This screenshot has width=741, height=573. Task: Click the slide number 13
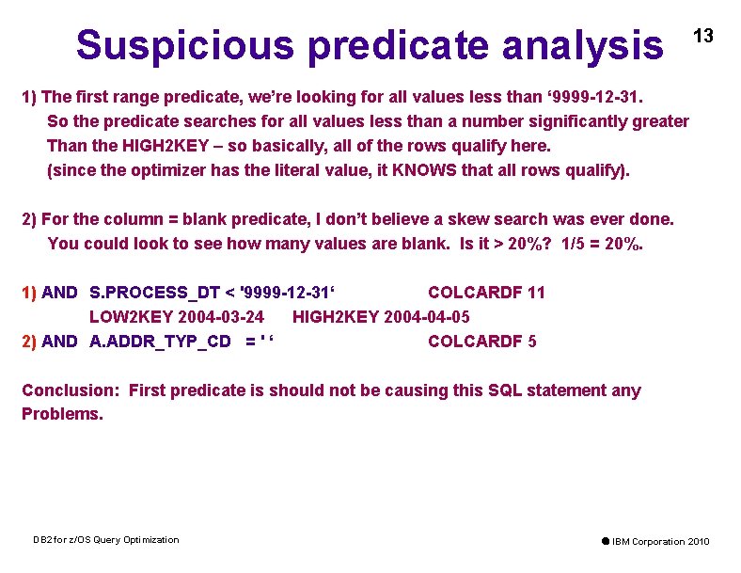click(703, 36)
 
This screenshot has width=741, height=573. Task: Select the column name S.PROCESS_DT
click(150, 293)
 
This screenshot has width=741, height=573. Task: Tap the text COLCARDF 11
click(486, 293)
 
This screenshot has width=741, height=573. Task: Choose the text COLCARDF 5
click(482, 342)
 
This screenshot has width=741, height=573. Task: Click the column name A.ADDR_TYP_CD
click(160, 342)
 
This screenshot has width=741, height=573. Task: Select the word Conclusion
click(70, 390)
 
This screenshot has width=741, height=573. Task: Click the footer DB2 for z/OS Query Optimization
click(105, 539)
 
